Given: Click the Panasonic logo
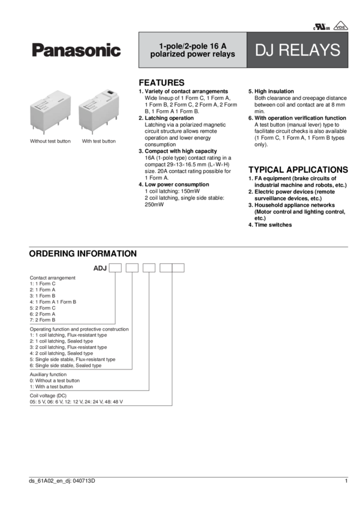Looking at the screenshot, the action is pyautogui.click(x=76, y=51).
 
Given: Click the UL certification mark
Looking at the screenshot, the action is pyautogui.click(x=316, y=26).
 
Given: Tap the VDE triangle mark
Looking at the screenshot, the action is pyautogui.click(x=340, y=25).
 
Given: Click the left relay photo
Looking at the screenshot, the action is pyautogui.click(x=51, y=113).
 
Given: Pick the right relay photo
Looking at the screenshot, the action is pyautogui.click(x=99, y=111).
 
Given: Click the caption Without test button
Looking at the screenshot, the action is pyautogui.click(x=51, y=141).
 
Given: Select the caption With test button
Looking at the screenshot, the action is pyautogui.click(x=99, y=141).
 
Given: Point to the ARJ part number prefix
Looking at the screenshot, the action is pyautogui.click(x=99, y=268).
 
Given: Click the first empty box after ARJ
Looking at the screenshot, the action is pyautogui.click(x=115, y=268).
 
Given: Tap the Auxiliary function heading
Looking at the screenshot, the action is pyautogui.click(x=49, y=374).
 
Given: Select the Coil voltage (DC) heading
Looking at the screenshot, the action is pyautogui.click(x=48, y=396).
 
